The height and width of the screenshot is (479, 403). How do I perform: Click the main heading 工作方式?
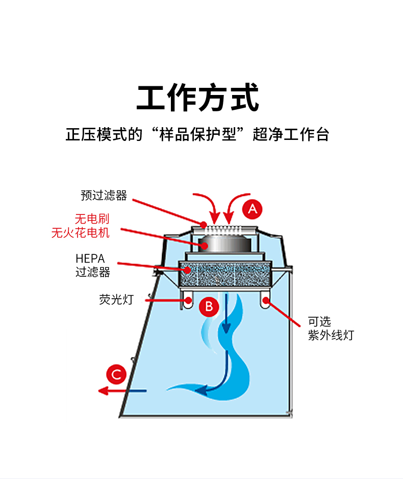click(x=197, y=99)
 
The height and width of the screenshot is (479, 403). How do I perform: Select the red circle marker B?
click(x=208, y=306)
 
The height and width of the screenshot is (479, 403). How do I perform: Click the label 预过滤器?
click(x=104, y=195)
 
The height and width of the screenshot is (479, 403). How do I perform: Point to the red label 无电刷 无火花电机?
click(x=81, y=226)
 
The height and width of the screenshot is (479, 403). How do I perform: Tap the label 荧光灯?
click(x=116, y=299)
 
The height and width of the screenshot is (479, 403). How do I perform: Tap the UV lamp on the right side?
click(x=265, y=300)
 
